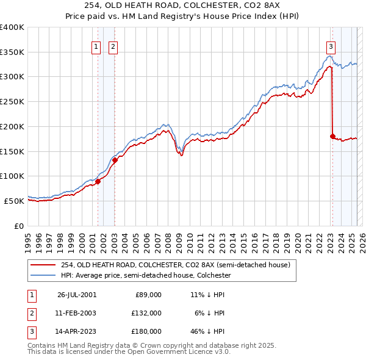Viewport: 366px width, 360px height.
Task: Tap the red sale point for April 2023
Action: click(x=332, y=136)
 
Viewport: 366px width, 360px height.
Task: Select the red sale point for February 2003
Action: click(x=115, y=160)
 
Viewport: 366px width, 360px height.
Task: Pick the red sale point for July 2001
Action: click(x=98, y=181)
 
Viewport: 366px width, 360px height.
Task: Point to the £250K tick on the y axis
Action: click(x=12, y=101)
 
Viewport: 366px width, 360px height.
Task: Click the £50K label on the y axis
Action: click(x=14, y=201)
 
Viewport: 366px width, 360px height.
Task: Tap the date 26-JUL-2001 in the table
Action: click(x=77, y=295)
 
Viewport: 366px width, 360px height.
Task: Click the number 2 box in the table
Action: click(x=31, y=313)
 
